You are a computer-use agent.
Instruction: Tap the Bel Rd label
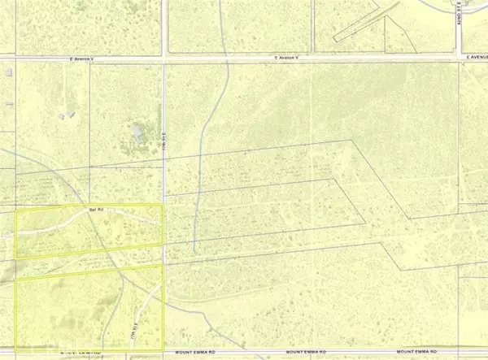click(95, 210)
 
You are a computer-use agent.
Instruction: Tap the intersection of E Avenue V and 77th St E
click(164, 60)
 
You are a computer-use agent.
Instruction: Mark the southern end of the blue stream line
click(194, 252)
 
